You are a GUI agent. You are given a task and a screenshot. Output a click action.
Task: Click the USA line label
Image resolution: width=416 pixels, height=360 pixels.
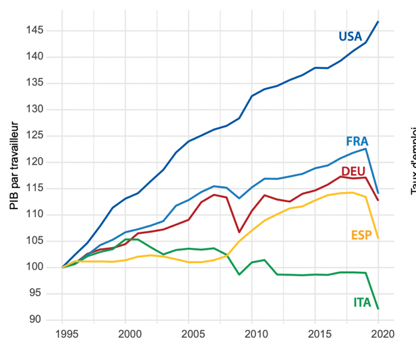[x=350, y=36]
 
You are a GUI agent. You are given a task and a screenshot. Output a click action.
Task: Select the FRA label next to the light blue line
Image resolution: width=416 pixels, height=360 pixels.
[x=357, y=141]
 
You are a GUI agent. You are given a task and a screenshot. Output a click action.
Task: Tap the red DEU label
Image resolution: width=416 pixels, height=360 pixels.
[x=354, y=171]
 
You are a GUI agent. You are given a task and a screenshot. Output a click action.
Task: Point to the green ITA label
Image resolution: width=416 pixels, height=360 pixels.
[x=362, y=303]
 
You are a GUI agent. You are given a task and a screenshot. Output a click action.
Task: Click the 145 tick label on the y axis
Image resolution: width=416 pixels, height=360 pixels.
[x=36, y=31]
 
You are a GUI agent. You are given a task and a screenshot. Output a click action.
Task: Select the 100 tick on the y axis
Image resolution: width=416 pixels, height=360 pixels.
[x=36, y=267]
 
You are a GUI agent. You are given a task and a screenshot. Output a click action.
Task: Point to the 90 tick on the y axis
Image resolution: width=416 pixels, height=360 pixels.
[x=39, y=319]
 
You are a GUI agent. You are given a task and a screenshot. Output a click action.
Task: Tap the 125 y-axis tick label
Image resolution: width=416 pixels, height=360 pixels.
[x=36, y=135]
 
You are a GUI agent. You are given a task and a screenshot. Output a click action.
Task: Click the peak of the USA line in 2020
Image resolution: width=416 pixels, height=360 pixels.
[x=378, y=22]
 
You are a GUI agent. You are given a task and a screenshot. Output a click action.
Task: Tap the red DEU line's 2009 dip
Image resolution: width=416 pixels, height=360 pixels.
[x=240, y=232]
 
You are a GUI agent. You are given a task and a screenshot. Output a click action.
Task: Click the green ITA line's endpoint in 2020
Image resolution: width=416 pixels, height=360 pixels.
[x=378, y=308]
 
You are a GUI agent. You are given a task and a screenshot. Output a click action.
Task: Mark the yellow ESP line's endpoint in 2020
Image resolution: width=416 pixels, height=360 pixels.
[x=378, y=238]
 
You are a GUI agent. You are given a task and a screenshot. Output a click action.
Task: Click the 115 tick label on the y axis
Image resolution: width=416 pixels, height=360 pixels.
[x=36, y=188]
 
